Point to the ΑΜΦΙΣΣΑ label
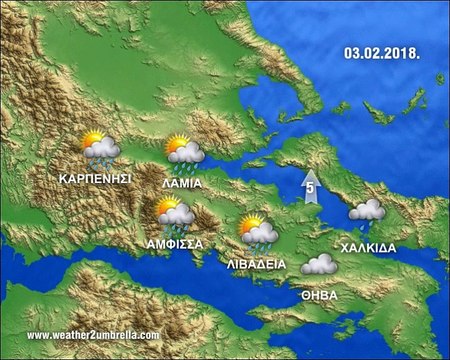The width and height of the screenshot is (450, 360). (175, 243)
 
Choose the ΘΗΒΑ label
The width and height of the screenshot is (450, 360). (319, 296)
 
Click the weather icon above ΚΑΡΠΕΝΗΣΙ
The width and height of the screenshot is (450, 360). (100, 148)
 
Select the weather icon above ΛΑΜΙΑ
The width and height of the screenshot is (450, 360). (184, 151)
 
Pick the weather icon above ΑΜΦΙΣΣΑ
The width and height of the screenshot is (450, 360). (175, 213)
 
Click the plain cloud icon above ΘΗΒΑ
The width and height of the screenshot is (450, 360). (319, 265)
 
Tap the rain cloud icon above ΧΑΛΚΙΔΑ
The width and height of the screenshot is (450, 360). (366, 212)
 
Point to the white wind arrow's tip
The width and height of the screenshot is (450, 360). (310, 173)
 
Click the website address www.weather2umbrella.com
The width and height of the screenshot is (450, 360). (93, 335)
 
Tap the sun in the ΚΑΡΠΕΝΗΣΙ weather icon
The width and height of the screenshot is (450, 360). (92, 139)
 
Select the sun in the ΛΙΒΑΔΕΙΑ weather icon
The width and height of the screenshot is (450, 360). (251, 223)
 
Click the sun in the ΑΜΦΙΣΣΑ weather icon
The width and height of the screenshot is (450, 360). (167, 204)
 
